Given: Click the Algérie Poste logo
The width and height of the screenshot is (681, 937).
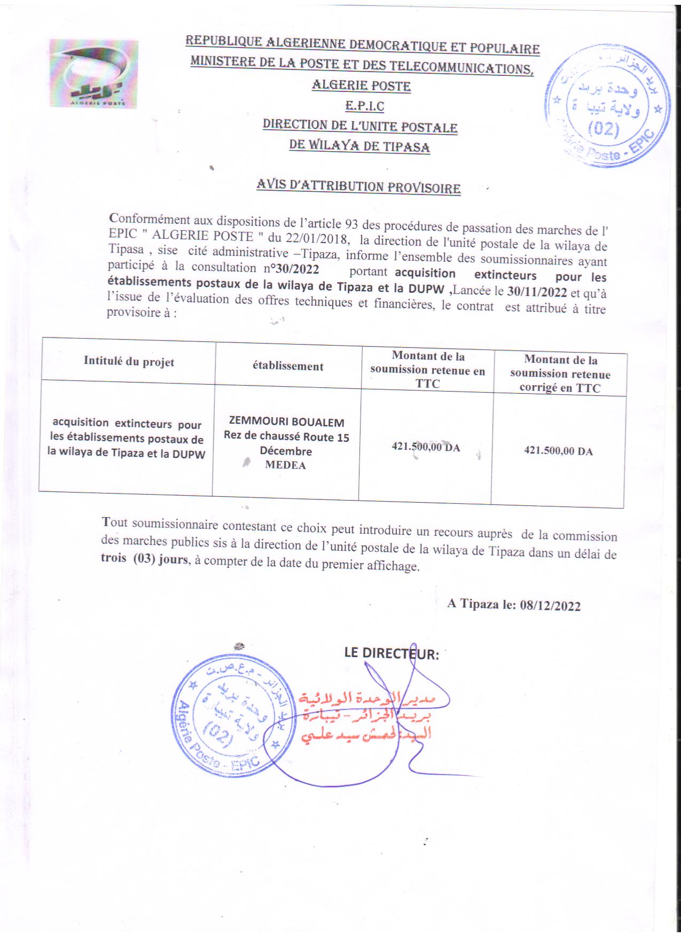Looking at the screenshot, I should click(x=94, y=74).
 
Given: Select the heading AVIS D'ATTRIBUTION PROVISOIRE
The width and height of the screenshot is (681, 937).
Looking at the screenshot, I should click(x=358, y=186).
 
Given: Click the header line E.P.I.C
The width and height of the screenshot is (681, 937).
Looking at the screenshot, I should click(x=365, y=106).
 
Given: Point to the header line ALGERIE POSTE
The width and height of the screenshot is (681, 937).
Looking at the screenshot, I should click(x=361, y=85).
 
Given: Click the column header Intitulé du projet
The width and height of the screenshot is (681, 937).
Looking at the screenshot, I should click(x=129, y=362).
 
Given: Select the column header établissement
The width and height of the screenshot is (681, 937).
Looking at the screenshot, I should click(x=288, y=366).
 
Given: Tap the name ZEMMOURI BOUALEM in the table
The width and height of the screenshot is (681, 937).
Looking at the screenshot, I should click(x=286, y=422).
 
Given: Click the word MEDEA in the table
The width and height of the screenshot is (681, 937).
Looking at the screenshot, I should click(x=285, y=465).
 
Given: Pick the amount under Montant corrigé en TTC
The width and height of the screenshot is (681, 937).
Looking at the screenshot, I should click(x=558, y=451).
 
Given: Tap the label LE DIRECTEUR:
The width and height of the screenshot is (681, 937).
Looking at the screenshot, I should click(x=392, y=653).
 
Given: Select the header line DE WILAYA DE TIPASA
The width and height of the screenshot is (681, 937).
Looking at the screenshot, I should click(x=359, y=146).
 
